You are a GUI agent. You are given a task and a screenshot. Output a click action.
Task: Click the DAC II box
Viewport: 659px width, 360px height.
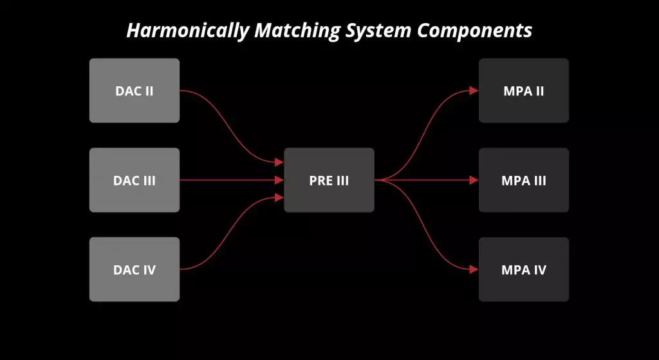(x=135, y=90)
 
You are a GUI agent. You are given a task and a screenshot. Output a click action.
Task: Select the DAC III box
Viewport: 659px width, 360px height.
(x=135, y=180)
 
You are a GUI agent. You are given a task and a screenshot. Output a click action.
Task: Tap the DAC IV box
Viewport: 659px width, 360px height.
(x=135, y=269)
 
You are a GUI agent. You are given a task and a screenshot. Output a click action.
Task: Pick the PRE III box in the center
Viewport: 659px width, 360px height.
(x=329, y=180)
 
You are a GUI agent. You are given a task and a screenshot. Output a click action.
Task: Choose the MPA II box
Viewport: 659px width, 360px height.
(x=524, y=90)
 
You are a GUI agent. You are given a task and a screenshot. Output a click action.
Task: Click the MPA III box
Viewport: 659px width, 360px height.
(x=524, y=180)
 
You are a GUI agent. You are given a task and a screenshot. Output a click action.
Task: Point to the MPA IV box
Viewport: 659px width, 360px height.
(x=524, y=269)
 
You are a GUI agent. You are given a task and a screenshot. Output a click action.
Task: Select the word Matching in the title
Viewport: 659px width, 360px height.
(x=297, y=31)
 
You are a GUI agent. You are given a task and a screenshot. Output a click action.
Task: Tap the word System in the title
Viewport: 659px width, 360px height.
(x=379, y=31)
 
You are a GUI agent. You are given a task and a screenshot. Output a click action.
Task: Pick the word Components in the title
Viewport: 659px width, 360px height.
(x=475, y=30)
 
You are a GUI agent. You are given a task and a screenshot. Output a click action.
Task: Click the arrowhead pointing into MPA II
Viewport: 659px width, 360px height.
(x=474, y=90)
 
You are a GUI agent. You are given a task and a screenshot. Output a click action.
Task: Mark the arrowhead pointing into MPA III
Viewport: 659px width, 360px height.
(x=474, y=180)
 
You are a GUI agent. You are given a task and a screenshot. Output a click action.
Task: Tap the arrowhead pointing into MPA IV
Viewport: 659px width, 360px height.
(x=474, y=269)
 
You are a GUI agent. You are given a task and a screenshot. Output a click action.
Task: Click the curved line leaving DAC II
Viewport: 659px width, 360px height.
(x=227, y=126)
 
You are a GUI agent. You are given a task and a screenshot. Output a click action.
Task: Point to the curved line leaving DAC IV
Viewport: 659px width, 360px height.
(x=227, y=233)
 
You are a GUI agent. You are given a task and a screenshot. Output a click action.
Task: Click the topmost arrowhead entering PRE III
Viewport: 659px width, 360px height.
(x=279, y=162)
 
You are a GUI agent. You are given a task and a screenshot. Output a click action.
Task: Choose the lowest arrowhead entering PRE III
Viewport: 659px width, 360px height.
(x=279, y=198)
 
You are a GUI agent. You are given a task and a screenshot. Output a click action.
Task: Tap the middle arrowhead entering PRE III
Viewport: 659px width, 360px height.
(x=279, y=180)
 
